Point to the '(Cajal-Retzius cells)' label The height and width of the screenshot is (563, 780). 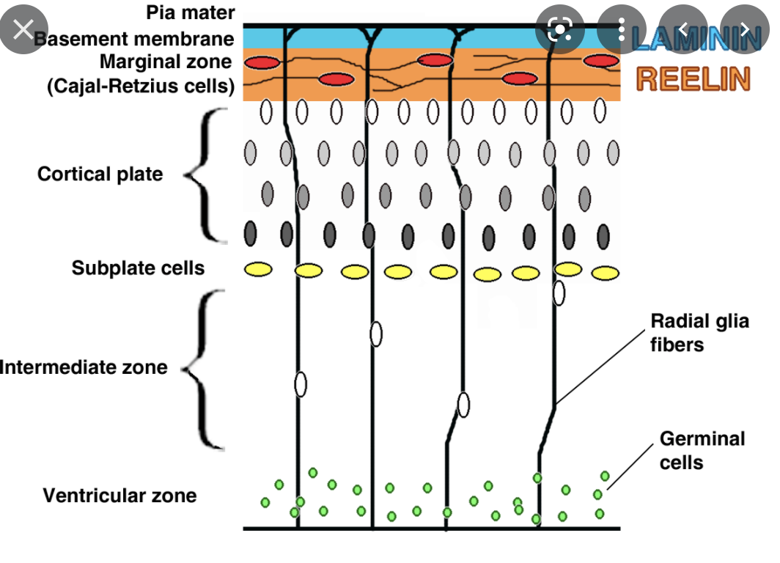(x=141, y=86)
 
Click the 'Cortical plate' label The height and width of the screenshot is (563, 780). (x=100, y=174)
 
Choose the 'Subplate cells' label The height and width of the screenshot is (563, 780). (x=138, y=268)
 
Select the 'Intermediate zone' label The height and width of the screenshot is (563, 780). (x=84, y=367)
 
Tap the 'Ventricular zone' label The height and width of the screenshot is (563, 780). (x=119, y=496)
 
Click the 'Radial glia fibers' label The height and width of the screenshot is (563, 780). (x=699, y=332)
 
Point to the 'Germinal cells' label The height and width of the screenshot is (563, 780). (x=702, y=450)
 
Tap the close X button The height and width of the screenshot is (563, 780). (x=24, y=30)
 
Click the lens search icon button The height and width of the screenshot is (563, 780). (x=559, y=30)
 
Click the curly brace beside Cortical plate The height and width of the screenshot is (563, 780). (x=206, y=174)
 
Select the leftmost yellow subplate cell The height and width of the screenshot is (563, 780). (x=259, y=270)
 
